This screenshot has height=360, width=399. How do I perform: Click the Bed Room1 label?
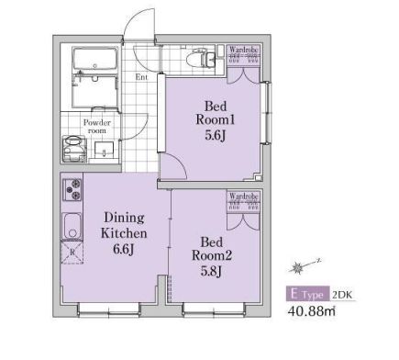(215, 120)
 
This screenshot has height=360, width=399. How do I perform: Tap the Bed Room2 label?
(212, 256)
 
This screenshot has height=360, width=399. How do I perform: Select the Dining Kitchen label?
(124, 233)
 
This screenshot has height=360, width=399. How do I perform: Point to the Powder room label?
(97, 127)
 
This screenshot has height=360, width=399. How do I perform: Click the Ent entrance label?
(141, 77)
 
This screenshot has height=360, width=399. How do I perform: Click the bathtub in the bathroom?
(94, 60)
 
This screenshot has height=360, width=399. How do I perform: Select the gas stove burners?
(72, 189)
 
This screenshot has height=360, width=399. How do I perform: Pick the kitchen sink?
(72, 227)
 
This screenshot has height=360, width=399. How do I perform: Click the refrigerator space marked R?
(72, 253)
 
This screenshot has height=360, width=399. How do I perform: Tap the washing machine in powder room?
(74, 149)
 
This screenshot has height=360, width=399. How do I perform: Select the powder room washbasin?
(104, 150)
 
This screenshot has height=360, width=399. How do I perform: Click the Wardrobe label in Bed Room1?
(244, 50)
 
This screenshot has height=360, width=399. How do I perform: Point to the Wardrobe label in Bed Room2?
(244, 196)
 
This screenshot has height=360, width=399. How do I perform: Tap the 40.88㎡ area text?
(311, 311)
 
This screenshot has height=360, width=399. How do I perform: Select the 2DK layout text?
(342, 295)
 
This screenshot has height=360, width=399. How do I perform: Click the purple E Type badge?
(308, 294)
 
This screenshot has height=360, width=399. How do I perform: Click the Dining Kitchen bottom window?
(109, 309)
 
